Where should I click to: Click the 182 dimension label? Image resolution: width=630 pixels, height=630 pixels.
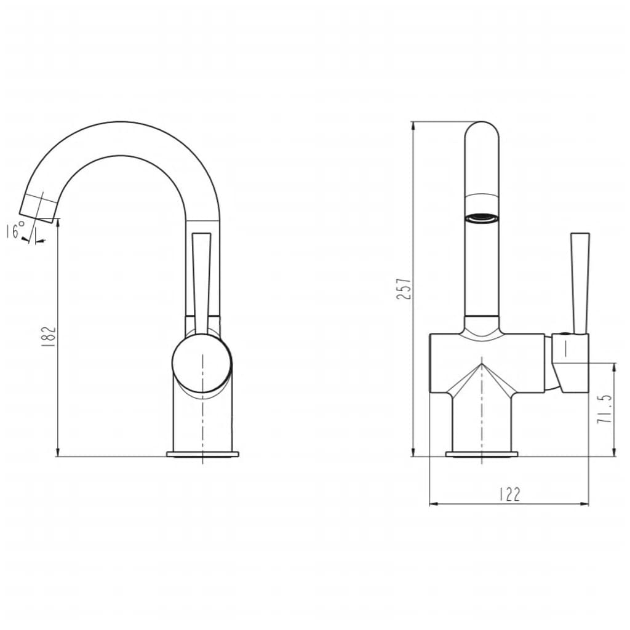50,337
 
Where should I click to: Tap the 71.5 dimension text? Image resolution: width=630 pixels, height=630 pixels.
605,409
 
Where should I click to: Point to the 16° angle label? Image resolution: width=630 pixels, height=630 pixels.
15,231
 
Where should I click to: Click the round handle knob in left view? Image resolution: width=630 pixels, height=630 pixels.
202,363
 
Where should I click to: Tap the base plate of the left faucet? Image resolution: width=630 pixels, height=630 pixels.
202,455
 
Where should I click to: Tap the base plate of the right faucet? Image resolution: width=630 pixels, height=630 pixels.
481,455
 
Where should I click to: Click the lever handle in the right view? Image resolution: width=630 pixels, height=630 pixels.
580,283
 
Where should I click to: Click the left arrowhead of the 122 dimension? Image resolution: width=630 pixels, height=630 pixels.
432,504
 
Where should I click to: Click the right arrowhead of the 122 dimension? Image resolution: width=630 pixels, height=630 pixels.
584,504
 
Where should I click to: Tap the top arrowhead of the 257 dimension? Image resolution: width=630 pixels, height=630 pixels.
412,126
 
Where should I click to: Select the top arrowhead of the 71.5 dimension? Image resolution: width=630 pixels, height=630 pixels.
614,367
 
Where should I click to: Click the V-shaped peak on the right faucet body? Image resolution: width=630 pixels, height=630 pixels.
481,364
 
